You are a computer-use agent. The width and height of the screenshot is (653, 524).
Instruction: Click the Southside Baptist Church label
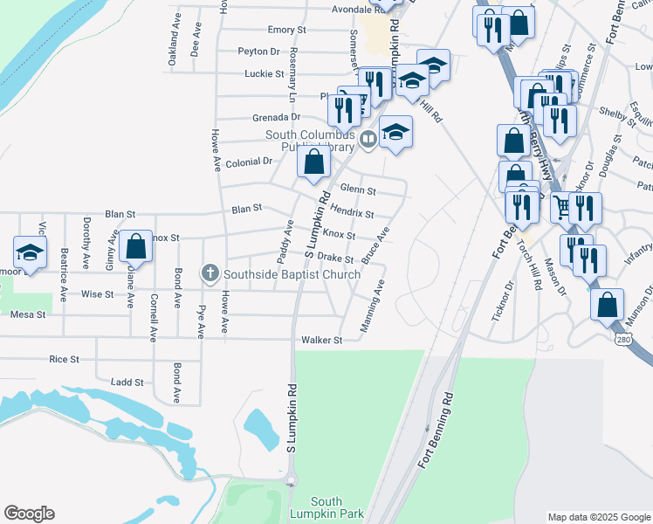[x=292, y=274]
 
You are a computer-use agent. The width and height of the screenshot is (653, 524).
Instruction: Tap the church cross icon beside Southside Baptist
[x=210, y=274]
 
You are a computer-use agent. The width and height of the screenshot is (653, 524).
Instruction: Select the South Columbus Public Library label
[x=313, y=141]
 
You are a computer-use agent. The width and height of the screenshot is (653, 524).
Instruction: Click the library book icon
[x=368, y=138]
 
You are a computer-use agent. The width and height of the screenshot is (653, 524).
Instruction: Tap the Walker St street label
[x=320, y=340]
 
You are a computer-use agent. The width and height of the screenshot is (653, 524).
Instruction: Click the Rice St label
[x=65, y=359]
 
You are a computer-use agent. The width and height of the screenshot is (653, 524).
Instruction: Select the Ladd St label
[x=127, y=382]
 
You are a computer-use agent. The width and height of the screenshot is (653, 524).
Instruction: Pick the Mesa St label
[x=27, y=314]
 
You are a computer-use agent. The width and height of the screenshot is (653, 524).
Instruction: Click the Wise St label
[x=98, y=294]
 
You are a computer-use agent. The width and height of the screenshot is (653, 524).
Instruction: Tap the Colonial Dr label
[x=250, y=162]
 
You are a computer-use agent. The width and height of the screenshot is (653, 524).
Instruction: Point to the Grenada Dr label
[x=277, y=117]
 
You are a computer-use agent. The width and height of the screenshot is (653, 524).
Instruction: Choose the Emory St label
[x=287, y=30]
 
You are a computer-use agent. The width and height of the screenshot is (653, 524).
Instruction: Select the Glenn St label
[x=358, y=190]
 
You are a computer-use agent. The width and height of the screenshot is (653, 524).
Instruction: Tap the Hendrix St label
[x=352, y=213]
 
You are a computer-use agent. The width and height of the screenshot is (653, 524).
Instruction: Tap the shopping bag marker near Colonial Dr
[x=313, y=162]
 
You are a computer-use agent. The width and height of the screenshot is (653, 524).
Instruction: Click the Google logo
[x=29, y=514]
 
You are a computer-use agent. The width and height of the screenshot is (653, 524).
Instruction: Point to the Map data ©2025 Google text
[x=598, y=517]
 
